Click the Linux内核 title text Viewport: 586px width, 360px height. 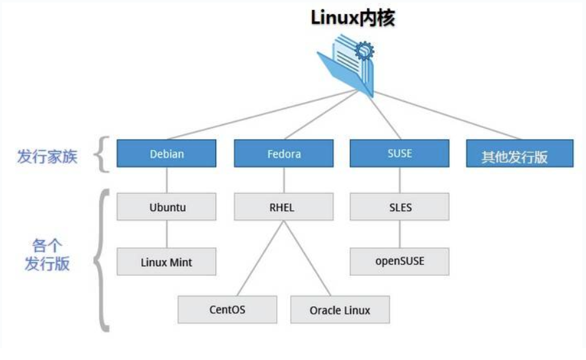click(353, 18)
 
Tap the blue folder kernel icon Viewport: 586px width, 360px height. click(347, 63)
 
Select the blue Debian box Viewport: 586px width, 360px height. click(166, 154)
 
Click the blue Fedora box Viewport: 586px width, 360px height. click(283, 154)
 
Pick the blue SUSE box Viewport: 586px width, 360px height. click(399, 153)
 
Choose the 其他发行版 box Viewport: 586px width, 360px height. click(515, 156)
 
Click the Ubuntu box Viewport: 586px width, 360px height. click(167, 207)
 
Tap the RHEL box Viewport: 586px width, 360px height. click(283, 207)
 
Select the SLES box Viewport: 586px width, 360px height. click(399, 207)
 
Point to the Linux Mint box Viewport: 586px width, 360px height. click(167, 261)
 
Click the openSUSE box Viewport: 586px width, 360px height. click(399, 260)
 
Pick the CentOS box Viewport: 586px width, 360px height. click(227, 309)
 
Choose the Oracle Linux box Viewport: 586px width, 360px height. click(339, 310)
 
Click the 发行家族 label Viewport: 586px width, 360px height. click(47, 157)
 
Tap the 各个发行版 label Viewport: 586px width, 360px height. click(47, 256)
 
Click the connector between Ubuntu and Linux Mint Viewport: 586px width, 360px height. click(167, 234)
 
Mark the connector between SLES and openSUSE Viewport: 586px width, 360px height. click(399, 234)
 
